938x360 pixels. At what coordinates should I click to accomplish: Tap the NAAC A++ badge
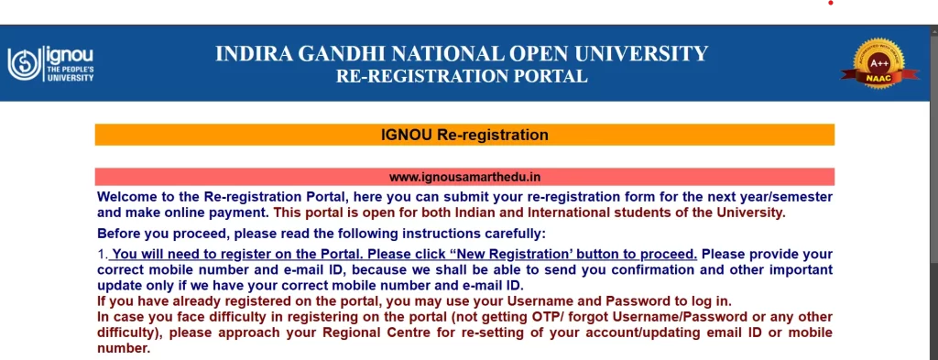point(879,64)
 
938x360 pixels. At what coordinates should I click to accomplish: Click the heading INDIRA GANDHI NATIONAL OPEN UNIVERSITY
point(462,54)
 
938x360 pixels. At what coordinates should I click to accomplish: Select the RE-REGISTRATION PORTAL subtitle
point(462,77)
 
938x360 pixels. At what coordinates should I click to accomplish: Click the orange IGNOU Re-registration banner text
point(464,136)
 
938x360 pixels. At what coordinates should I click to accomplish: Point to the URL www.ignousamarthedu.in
point(464,176)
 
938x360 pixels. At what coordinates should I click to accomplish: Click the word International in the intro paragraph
point(562,213)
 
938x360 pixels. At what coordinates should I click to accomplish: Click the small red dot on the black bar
point(831,3)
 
